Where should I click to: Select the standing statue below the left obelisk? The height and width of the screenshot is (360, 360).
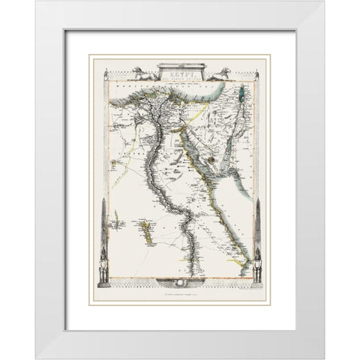click(103, 268)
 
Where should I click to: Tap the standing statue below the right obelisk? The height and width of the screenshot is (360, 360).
click(257, 268)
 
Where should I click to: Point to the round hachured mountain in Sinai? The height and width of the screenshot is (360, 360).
click(213, 149)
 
